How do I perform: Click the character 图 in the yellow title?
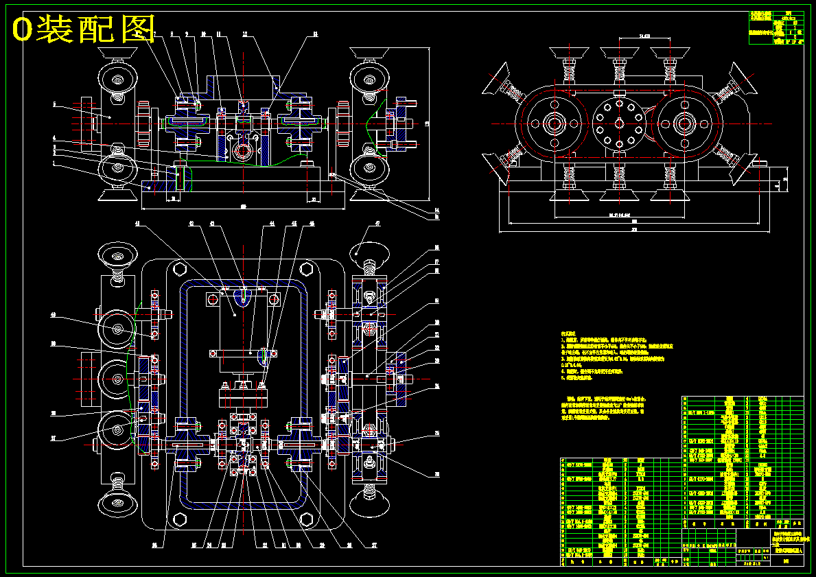[x=136, y=29]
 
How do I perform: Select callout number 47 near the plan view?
[x=377, y=224]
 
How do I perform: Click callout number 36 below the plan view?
[x=155, y=545]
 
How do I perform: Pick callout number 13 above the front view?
[x=315, y=34]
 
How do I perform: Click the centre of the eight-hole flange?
[x=620, y=123]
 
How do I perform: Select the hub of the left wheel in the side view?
[x=554, y=123]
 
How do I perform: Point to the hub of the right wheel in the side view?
[x=684, y=123]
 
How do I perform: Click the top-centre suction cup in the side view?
[x=620, y=53]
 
